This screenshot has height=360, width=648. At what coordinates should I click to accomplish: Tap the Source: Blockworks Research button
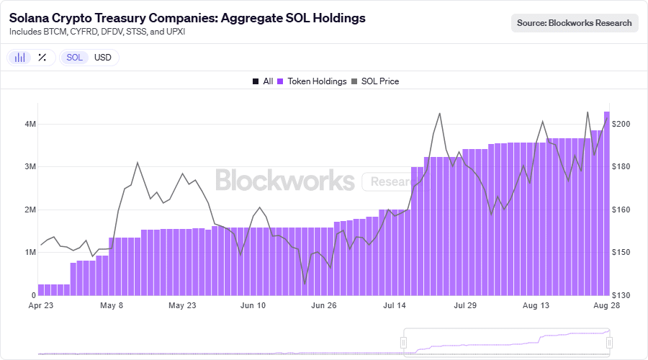coord(575,23)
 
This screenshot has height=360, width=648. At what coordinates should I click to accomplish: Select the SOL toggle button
coord(75,58)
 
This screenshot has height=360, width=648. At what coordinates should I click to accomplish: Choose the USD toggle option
coord(103,58)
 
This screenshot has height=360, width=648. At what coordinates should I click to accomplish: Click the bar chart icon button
coord(21,58)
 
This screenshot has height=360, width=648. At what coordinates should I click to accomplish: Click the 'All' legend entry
coord(263,81)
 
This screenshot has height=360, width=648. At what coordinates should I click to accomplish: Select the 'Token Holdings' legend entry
coord(312,81)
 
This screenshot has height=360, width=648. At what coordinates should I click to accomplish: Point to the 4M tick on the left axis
coord(30,124)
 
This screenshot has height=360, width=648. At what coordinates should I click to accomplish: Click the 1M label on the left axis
coord(30,253)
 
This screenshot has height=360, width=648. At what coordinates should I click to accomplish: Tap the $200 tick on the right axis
coord(621,124)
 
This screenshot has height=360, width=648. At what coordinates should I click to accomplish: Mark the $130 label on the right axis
coord(621,295)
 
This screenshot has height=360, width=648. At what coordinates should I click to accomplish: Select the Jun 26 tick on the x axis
coord(323,305)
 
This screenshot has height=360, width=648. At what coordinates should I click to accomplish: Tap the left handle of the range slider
coord(405,343)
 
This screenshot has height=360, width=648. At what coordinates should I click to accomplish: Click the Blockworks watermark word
coord(285,180)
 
